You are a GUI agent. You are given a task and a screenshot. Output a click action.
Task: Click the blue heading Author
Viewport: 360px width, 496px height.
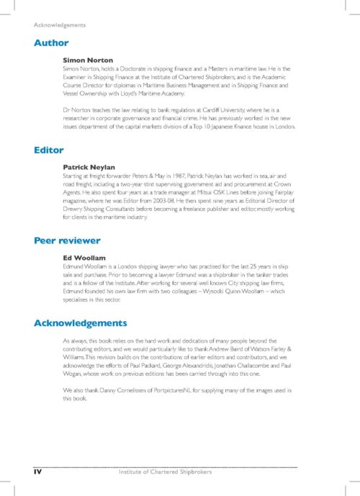click(x=51, y=42)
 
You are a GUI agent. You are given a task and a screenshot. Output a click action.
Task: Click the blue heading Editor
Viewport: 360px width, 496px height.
click(x=49, y=150)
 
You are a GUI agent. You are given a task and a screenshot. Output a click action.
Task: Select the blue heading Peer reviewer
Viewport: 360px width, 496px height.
click(x=67, y=240)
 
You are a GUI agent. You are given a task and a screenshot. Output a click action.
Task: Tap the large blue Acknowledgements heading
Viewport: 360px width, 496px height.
click(x=81, y=323)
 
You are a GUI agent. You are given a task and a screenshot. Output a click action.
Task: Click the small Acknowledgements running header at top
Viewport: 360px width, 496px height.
click(x=60, y=25)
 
